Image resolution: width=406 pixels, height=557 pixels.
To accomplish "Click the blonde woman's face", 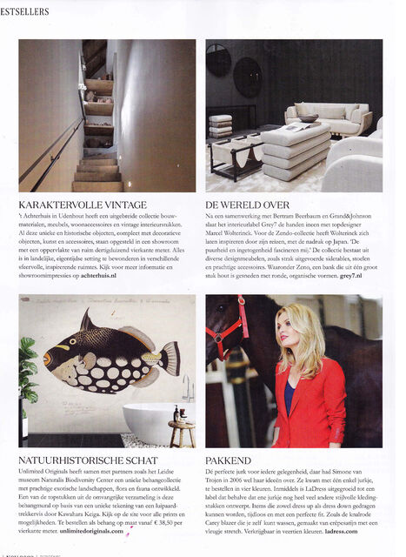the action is click(308, 349).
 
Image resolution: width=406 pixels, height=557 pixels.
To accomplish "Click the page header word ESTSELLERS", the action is click(25, 11).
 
